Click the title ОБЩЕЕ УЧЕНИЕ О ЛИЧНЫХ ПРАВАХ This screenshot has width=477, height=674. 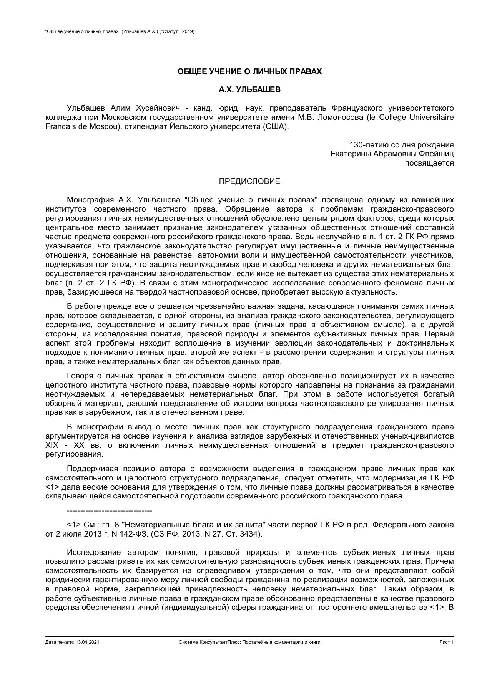tap(249, 72)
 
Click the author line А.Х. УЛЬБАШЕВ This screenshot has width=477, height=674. tap(249, 90)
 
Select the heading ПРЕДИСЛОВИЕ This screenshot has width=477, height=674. tap(249, 181)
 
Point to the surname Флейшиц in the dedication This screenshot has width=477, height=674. tap(436, 154)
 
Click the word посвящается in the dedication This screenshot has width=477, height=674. tap(429, 163)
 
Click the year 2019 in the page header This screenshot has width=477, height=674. tap(188, 31)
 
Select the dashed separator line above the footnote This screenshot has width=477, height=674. tap(110, 511)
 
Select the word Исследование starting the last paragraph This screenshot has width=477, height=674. tap(93, 553)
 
